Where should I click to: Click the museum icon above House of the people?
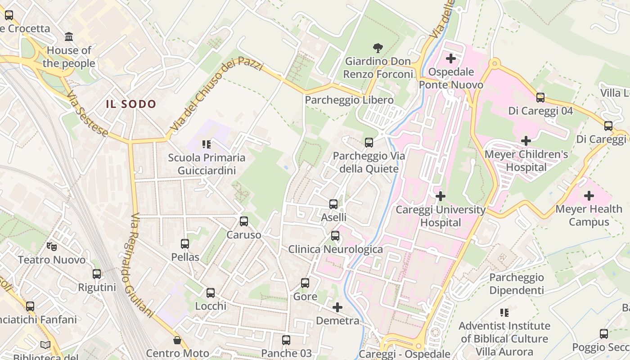[69, 36]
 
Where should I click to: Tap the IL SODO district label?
[131, 104]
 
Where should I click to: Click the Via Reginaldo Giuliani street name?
[143, 263]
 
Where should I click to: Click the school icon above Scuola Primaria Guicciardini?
[207, 144]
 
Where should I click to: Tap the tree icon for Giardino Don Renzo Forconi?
[378, 47]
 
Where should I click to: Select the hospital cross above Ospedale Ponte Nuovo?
[451, 58]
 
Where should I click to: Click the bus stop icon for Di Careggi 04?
[540, 97]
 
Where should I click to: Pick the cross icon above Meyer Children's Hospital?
[526, 141]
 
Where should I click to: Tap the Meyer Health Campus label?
[589, 215]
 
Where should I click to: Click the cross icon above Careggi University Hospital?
[441, 196]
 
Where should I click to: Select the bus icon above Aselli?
[333, 204]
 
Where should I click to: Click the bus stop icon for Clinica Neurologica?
[335, 236]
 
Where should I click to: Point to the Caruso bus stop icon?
[244, 221]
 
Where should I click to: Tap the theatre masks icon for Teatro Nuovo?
[52, 246]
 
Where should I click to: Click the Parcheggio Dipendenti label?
[517, 283]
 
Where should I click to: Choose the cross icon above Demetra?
[337, 307]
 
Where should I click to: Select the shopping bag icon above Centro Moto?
[178, 340]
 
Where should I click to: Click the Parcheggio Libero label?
[349, 100]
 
